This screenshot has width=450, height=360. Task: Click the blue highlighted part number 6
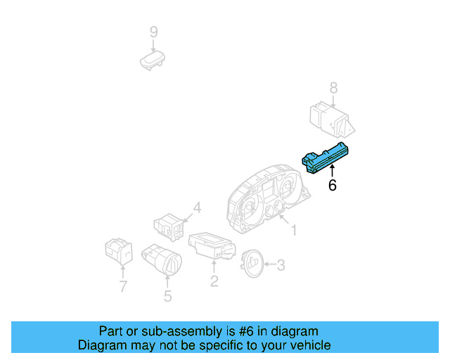point(328,158)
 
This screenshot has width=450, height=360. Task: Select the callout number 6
point(333,186)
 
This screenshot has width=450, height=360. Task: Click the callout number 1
point(294,230)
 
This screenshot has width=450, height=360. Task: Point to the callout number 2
point(214,281)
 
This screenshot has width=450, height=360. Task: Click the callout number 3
point(281,265)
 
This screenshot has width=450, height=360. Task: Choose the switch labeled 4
point(169,226)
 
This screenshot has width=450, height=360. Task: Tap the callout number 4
point(198,208)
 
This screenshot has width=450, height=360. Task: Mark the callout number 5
point(167,296)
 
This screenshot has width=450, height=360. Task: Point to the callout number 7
point(123,286)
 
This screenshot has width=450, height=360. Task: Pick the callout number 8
point(334,89)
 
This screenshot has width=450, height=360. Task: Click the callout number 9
point(153,32)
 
